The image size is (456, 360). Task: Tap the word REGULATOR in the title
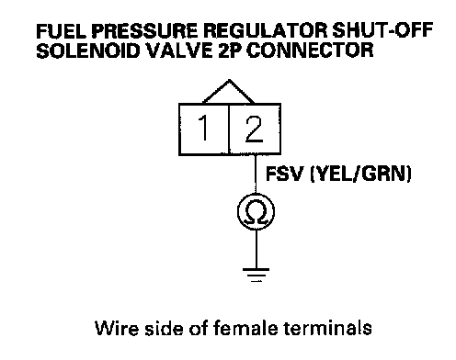click(x=265, y=30)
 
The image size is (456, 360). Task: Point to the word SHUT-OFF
click(x=382, y=30)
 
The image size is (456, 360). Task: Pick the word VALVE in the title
click(x=179, y=51)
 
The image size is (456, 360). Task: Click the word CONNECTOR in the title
click(x=310, y=51)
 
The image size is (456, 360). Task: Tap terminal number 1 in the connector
click(x=203, y=128)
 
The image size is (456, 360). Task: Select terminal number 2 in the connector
click(x=255, y=129)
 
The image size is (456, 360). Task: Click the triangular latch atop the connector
click(x=229, y=91)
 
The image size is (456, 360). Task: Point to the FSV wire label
click(x=284, y=174)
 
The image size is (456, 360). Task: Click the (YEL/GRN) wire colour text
click(x=360, y=174)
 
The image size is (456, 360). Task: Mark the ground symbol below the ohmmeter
click(x=256, y=275)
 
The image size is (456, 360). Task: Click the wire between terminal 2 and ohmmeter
click(x=256, y=174)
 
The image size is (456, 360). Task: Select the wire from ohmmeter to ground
click(x=256, y=249)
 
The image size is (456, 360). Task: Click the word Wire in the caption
click(x=117, y=328)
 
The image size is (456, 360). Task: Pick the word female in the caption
click(x=245, y=328)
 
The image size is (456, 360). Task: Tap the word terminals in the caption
click(x=327, y=328)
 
